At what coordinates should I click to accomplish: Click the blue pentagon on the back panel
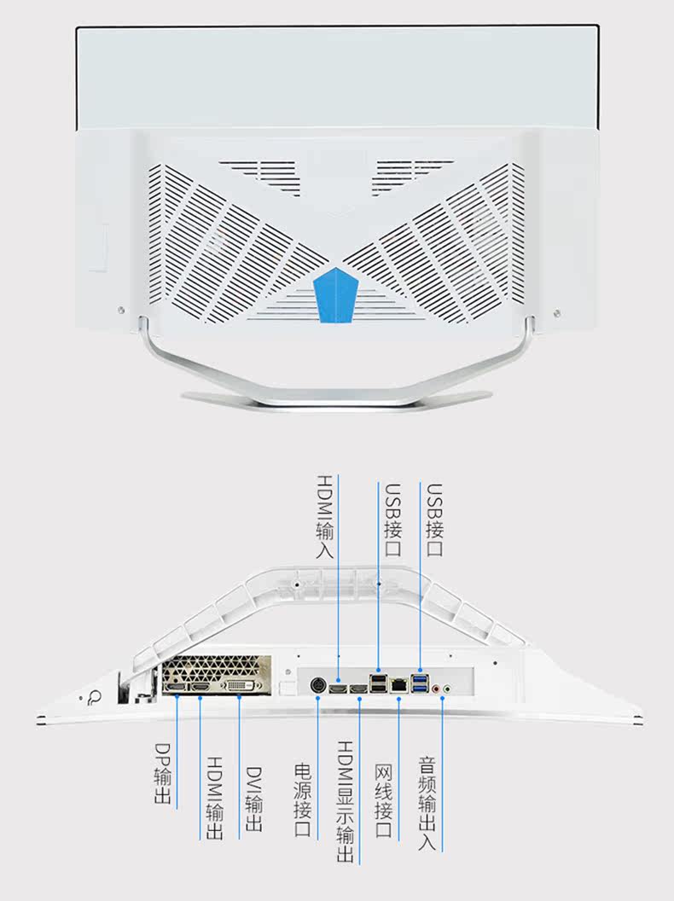336,294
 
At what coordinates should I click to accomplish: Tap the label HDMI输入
325,516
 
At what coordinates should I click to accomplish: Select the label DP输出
163,773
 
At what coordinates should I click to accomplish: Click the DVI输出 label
253,799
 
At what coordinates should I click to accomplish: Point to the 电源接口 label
303,799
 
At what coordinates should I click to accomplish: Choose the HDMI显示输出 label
346,801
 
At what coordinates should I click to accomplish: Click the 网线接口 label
383,799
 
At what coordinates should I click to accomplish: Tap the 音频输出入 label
427,804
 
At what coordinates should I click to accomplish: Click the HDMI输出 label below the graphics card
214,798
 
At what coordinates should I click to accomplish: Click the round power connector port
317,685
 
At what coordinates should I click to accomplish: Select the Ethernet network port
398,685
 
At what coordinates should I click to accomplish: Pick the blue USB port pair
420,683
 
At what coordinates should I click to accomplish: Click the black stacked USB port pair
378,683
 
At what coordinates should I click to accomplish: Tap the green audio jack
446,687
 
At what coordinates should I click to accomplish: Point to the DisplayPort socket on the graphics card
175,687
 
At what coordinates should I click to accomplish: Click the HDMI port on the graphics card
201,687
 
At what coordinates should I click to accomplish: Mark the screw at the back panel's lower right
556,313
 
